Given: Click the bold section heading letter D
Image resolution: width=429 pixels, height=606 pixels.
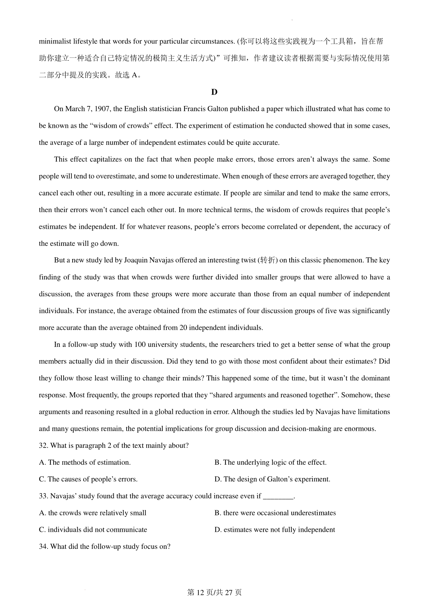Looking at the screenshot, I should pos(214,92).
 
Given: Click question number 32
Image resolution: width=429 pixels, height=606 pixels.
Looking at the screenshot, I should pos(43,446).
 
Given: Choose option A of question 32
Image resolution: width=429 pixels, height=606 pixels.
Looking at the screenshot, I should pos(85,463).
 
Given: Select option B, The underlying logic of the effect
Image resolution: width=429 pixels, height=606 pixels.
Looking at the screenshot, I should pos(270,463).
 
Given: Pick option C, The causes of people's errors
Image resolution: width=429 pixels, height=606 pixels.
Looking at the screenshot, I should pos(88,479).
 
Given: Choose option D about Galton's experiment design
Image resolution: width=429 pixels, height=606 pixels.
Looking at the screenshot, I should pos(272,479).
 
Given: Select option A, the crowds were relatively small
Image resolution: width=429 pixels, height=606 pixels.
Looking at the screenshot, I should pos(93,513).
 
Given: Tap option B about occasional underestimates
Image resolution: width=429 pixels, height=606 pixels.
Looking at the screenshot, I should pos(275,513).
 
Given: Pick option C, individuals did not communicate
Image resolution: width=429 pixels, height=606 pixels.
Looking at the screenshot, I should pos(93,530).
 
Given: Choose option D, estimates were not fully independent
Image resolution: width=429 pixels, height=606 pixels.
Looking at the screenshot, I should pos(275,530).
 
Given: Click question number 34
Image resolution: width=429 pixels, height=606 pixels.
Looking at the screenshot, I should pos(43,547).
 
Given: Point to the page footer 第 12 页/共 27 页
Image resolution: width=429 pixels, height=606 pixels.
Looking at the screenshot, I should pos(214,592).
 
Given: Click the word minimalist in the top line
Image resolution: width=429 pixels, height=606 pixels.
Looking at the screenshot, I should pos(53,41).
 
